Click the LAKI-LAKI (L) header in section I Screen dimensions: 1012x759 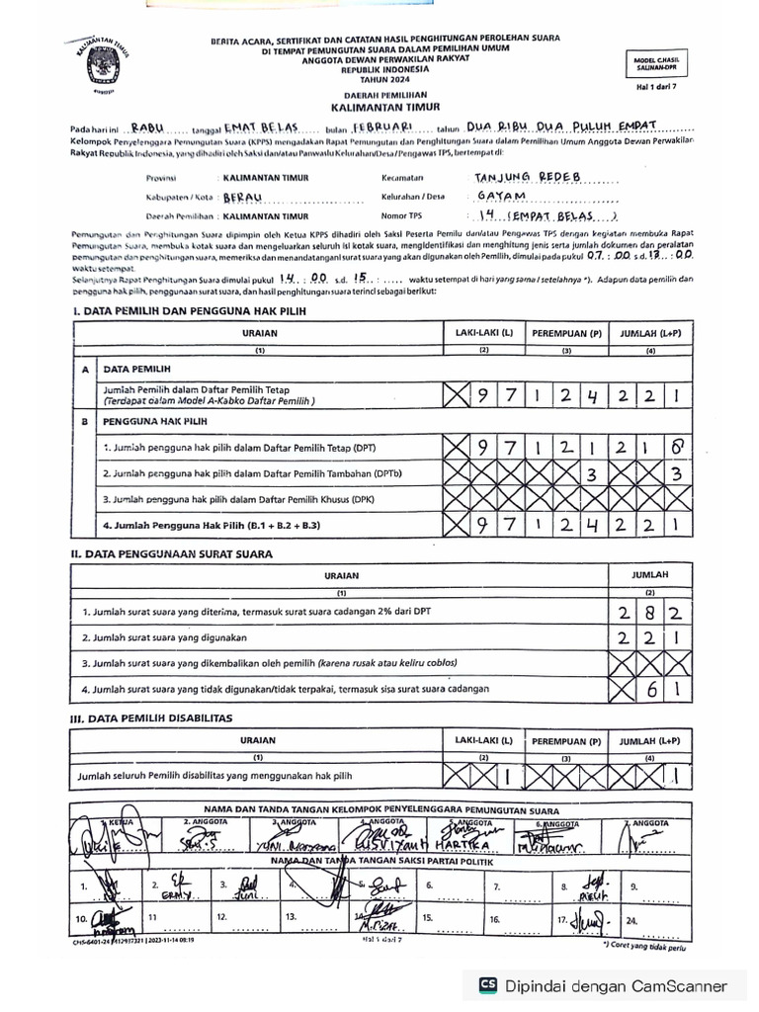pyautogui.click(x=484, y=333)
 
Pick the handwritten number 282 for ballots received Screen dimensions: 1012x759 pyautogui.click(x=649, y=612)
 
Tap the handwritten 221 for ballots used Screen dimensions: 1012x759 pyautogui.click(x=649, y=637)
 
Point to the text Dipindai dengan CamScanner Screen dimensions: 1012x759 pyautogui.click(x=617, y=985)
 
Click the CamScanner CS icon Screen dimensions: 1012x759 pyautogui.click(x=487, y=985)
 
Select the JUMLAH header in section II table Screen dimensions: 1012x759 pyautogui.click(x=650, y=573)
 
